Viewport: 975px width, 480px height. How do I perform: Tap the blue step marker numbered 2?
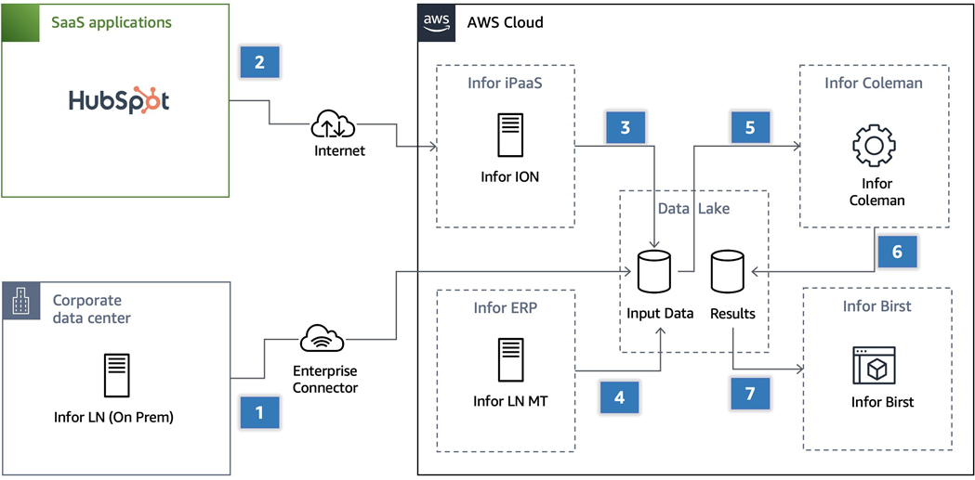coord(259,62)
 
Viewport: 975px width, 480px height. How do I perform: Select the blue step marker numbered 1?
coord(259,412)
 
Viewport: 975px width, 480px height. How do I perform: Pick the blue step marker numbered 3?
coord(625,128)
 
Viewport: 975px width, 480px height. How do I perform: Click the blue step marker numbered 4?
coord(620,396)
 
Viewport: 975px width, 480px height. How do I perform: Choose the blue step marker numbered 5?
coord(750,128)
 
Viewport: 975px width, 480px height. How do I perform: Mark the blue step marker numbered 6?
coord(896,252)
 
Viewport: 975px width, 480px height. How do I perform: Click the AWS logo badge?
coord(435,22)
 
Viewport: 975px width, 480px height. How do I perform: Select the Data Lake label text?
coord(693,209)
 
